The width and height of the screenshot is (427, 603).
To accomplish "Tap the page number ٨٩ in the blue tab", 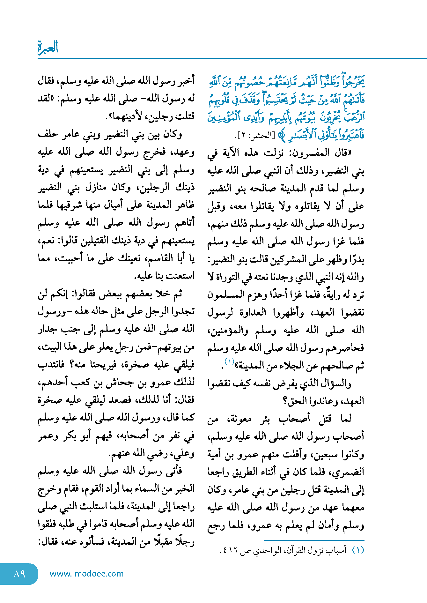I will (x=19, y=574).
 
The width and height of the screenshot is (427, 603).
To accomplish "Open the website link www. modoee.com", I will (x=86, y=574).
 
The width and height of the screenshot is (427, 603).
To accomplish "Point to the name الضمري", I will (x=350, y=472).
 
